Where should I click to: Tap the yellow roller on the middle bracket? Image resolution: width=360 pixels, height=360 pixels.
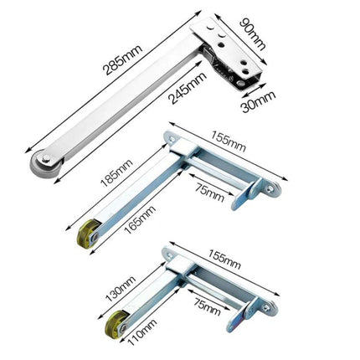(x=87, y=235)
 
